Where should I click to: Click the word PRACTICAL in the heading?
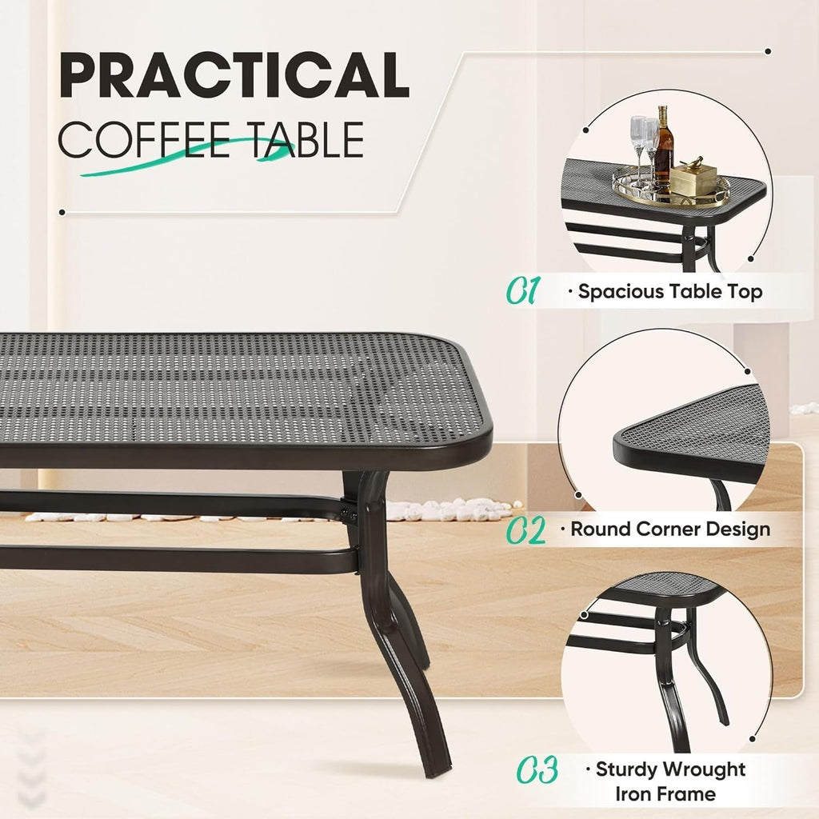[x=234, y=77]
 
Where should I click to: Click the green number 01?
[x=524, y=291]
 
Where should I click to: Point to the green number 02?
[x=526, y=530]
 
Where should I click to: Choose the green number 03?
[x=536, y=772]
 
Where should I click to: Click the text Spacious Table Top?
[x=670, y=292]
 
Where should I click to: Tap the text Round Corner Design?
[x=670, y=529]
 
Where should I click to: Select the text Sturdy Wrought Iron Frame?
[x=670, y=781]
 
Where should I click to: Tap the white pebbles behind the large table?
[x=448, y=509]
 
